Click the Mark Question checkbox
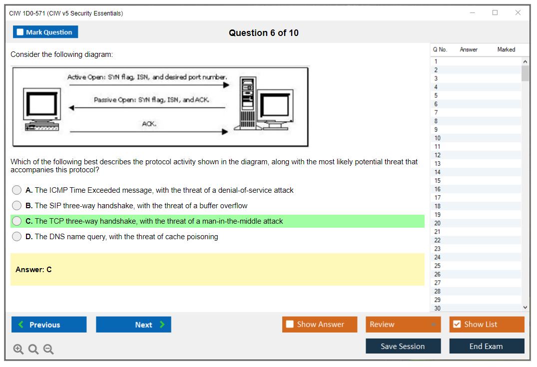20,32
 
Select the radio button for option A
16,190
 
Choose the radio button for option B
16,205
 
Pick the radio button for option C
16,221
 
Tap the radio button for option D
16,237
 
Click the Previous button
49,324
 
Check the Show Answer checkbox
290,324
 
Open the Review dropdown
403,324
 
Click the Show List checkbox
457,324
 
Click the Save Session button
403,346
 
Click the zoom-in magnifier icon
18,349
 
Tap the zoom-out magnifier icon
48,349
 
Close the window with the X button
518,12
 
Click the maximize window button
495,12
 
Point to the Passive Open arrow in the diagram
147,108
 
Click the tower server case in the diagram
248,103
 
